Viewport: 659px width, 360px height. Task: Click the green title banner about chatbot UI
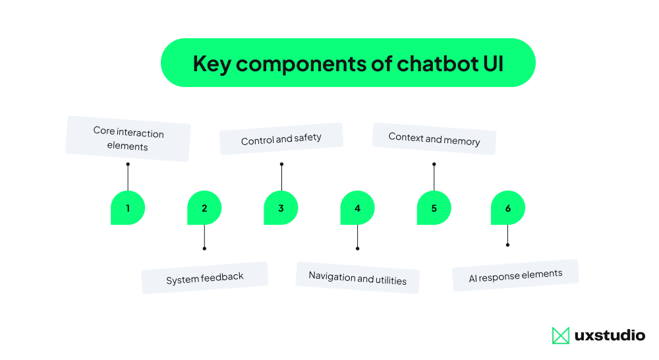(x=348, y=63)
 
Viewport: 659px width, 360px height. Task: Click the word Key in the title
(x=212, y=63)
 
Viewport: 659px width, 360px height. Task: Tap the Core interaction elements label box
(x=128, y=139)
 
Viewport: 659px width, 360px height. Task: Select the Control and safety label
(x=281, y=139)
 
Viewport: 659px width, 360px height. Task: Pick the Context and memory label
(x=434, y=139)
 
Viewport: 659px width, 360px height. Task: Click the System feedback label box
(x=204, y=278)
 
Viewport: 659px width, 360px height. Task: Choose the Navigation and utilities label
(x=357, y=278)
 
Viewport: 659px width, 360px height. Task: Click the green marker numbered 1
(x=128, y=208)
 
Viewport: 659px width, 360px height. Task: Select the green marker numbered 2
(x=204, y=208)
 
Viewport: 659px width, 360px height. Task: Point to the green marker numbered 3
(x=281, y=208)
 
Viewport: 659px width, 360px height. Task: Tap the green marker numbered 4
(x=357, y=208)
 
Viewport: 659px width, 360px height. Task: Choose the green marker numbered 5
(x=434, y=208)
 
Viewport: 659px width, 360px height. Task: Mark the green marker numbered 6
(x=507, y=208)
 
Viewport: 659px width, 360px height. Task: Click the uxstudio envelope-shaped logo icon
(x=560, y=336)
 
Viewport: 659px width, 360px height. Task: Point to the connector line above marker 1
(x=128, y=178)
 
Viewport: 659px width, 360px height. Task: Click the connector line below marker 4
(x=357, y=237)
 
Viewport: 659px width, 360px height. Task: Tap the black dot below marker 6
(x=507, y=245)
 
